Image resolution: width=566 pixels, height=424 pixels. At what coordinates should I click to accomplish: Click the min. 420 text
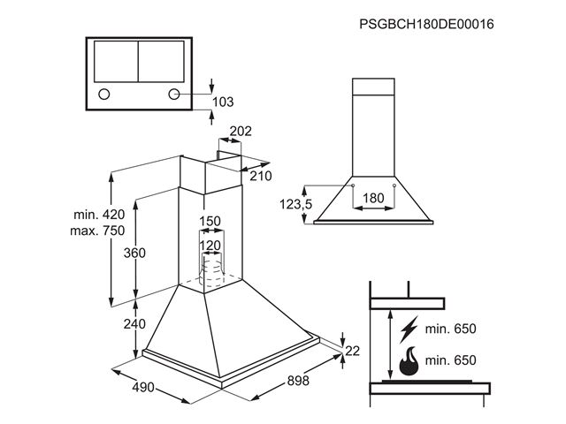100,215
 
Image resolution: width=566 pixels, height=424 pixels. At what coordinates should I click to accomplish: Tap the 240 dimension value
134,324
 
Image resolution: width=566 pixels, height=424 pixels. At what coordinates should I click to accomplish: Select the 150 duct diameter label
209,221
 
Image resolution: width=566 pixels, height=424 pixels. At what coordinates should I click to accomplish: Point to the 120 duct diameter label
209,245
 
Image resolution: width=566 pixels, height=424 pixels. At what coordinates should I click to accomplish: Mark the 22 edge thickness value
353,351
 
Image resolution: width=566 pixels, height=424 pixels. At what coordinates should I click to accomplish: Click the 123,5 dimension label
297,205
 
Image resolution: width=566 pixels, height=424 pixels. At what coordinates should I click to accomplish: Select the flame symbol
409,360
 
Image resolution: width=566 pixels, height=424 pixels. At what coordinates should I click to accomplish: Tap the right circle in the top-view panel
174,95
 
